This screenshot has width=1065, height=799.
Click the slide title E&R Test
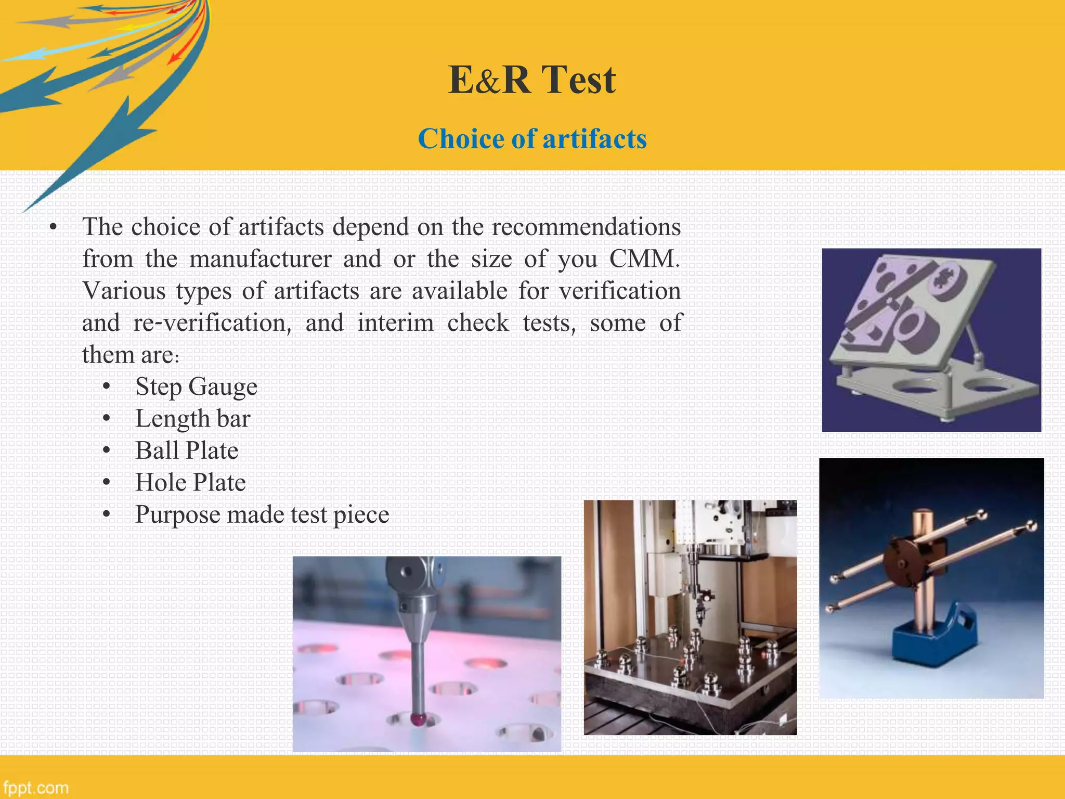pyautogui.click(x=532, y=80)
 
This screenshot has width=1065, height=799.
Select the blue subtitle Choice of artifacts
pyautogui.click(x=532, y=139)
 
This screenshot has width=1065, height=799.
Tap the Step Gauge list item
pyautogui.click(x=196, y=387)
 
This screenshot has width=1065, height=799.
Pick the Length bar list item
pyautogui.click(x=192, y=419)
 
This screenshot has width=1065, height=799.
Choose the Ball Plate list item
pyautogui.click(x=187, y=450)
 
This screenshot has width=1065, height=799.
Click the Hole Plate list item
pyautogui.click(x=190, y=483)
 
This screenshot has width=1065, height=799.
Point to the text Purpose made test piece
pyautogui.click(x=262, y=515)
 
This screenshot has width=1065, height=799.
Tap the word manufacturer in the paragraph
pyautogui.click(x=260, y=259)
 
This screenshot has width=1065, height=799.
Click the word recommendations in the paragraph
pyautogui.click(x=586, y=227)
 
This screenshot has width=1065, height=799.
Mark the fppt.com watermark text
pyautogui.click(x=35, y=788)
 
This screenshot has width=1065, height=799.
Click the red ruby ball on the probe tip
pyautogui.click(x=418, y=719)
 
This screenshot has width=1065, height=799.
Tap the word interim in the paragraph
pyautogui.click(x=395, y=323)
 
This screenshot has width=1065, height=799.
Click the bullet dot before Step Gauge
pyautogui.click(x=107, y=387)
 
